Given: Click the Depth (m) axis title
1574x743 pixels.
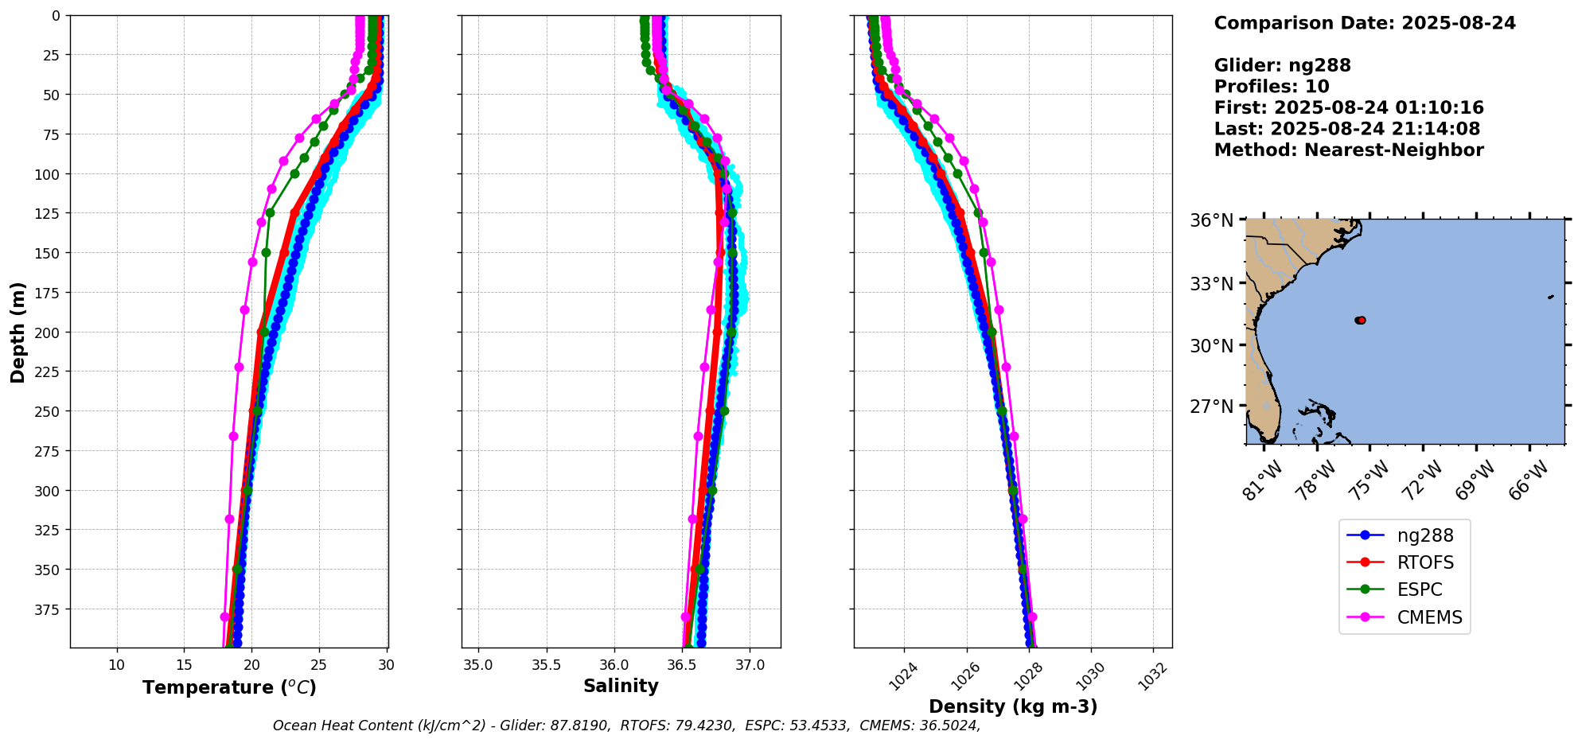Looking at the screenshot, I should click(18, 332).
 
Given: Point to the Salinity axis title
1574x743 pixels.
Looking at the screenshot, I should click(621, 687).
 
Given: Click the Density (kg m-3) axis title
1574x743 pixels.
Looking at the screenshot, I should click(1013, 706).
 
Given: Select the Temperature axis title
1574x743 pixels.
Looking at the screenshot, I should click(229, 687).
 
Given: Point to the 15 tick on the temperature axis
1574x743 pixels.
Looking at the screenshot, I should click(184, 665).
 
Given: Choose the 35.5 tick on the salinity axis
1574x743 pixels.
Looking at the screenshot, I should click(546, 665).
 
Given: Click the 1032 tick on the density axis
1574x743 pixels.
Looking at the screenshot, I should click(1153, 676).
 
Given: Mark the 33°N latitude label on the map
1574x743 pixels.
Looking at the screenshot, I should click(1211, 284).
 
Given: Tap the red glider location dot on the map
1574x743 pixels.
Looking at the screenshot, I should click(1362, 321).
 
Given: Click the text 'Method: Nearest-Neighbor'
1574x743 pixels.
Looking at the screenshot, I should click(1349, 150).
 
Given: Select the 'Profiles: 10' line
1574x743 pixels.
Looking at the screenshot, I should click(1272, 87).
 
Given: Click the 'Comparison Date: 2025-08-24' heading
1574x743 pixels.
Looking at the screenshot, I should click(1365, 23).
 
